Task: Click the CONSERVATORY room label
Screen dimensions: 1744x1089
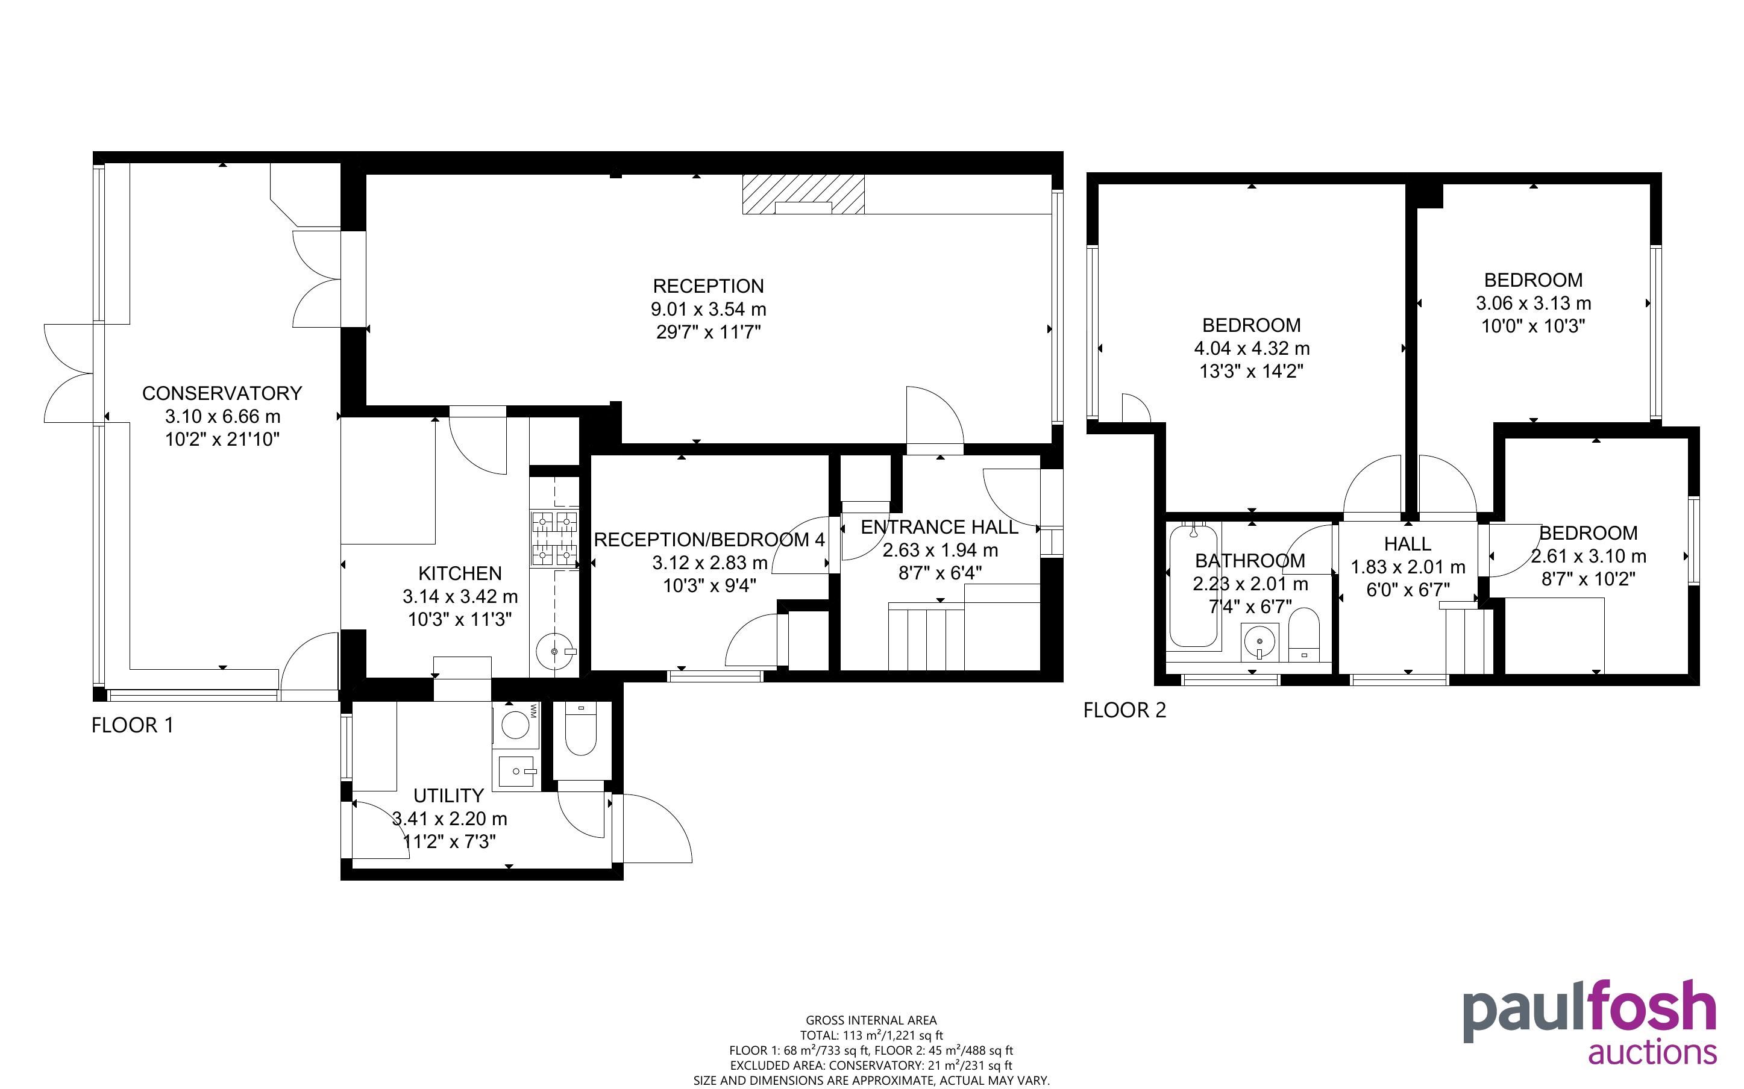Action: pos(222,393)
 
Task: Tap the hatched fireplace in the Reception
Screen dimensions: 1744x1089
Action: pos(803,195)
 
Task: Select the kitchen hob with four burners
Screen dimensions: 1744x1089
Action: pos(554,538)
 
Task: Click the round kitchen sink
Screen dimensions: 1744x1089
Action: pos(554,651)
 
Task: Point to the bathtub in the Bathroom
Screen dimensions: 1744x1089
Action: pos(1194,585)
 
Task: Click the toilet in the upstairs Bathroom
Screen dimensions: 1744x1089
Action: pos(1302,634)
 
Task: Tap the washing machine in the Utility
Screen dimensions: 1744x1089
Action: pos(516,725)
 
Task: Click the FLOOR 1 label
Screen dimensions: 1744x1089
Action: pos(133,725)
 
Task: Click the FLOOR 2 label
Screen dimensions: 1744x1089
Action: pos(1125,710)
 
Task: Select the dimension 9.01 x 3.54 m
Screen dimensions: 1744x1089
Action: pos(709,310)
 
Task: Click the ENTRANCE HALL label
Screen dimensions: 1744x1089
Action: pos(939,527)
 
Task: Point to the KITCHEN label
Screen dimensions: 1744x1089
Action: pos(460,573)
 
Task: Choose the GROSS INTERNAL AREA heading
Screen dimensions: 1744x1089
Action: pos(871,1020)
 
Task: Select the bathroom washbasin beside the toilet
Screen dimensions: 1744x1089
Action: pos(1260,641)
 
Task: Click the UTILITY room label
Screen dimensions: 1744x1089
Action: pos(448,796)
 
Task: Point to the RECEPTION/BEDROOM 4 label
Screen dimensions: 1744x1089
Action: pos(709,540)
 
